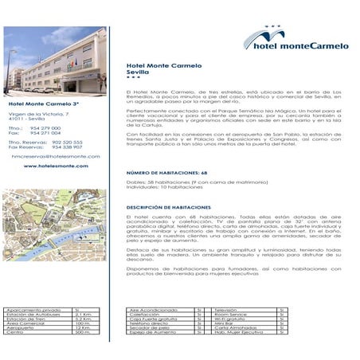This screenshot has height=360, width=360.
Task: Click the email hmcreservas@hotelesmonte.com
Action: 56,156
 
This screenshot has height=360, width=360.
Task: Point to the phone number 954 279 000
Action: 45,127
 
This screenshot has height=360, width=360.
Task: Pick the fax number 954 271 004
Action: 45,133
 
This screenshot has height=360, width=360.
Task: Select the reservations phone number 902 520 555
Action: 67,142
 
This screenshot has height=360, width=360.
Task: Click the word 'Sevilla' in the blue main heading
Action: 138,72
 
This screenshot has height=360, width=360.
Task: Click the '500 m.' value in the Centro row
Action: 82,331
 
